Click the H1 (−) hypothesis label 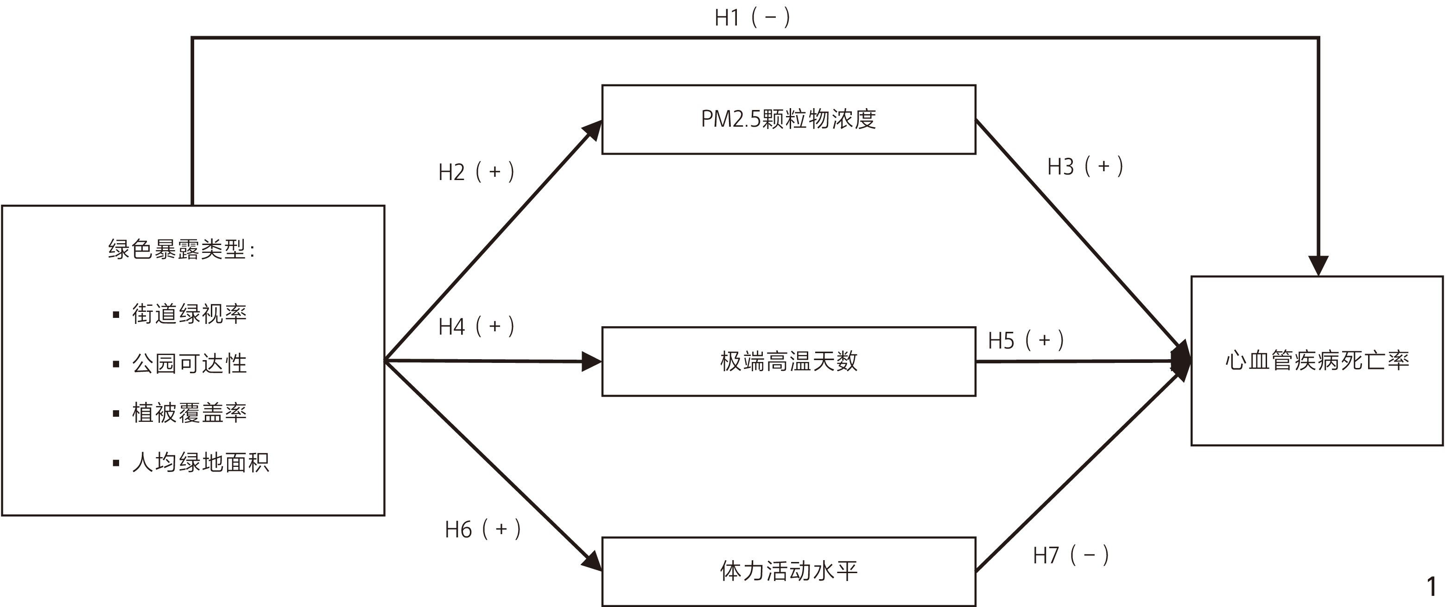752,18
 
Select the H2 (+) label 475,172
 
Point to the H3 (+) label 1085,167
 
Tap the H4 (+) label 475,326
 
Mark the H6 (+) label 482,530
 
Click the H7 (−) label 1070,555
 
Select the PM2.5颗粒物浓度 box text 788,119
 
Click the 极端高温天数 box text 788,361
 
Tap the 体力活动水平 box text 788,571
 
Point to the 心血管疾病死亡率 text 1317,361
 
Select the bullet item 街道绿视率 189,313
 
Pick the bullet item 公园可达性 189,363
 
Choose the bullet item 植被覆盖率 189,413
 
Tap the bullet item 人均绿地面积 200,462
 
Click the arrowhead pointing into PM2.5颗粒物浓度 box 592,130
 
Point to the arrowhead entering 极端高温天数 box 591,362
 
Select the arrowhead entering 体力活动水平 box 592,561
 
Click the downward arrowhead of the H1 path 1318,265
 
